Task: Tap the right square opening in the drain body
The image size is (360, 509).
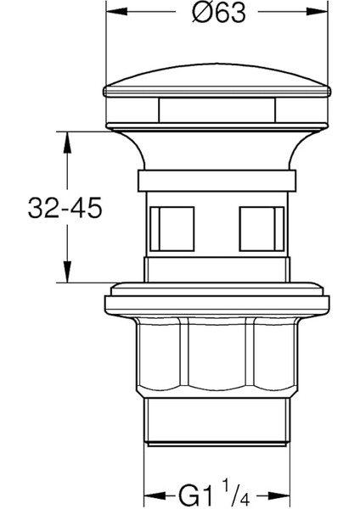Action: pos(260,227)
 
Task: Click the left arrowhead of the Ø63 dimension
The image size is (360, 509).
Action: pos(111,14)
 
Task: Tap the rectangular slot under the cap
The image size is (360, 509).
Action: pos(216,110)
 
